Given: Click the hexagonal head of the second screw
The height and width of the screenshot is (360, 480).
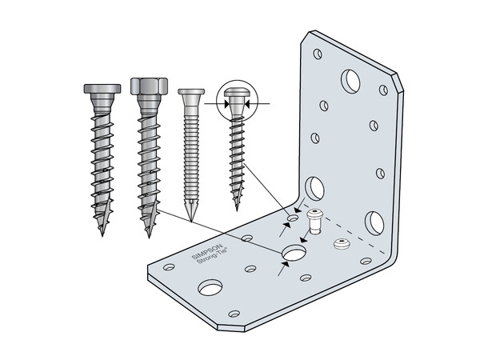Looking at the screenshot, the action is (149, 86).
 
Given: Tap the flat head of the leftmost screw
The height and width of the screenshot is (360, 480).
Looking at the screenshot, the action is (102, 89).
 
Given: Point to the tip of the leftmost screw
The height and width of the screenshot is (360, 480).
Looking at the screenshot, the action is (102, 234).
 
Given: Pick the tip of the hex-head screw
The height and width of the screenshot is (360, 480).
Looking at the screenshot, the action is (149, 236).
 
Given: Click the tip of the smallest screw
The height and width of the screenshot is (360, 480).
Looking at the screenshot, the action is (237, 209).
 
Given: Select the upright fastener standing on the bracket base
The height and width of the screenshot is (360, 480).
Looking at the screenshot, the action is (314, 222).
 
